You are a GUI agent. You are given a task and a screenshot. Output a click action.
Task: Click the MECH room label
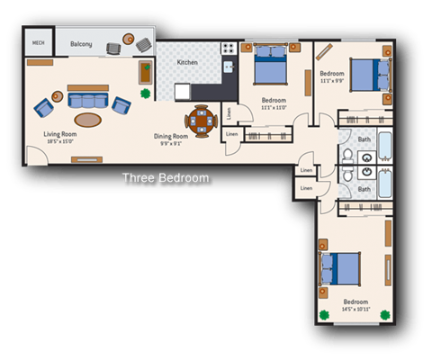(39, 42)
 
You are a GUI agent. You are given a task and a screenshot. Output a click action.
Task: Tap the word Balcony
(82, 43)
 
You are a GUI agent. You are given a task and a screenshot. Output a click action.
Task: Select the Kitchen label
(187, 62)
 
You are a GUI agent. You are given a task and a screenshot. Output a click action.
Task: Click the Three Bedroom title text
(166, 178)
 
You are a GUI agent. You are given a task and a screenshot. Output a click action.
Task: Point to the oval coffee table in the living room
(87, 119)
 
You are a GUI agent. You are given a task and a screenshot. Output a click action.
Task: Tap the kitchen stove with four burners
(229, 47)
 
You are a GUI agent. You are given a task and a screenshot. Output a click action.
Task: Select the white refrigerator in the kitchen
(183, 91)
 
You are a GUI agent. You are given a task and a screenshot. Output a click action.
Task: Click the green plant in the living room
(144, 93)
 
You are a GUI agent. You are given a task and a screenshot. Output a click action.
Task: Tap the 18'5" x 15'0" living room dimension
(62, 140)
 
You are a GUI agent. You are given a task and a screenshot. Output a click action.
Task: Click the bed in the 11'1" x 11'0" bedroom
(270, 65)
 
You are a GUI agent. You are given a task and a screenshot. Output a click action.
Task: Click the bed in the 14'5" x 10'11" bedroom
(341, 270)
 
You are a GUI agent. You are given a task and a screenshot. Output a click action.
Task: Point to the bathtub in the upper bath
(383, 146)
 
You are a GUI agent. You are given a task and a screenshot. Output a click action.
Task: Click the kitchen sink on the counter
(229, 67)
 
